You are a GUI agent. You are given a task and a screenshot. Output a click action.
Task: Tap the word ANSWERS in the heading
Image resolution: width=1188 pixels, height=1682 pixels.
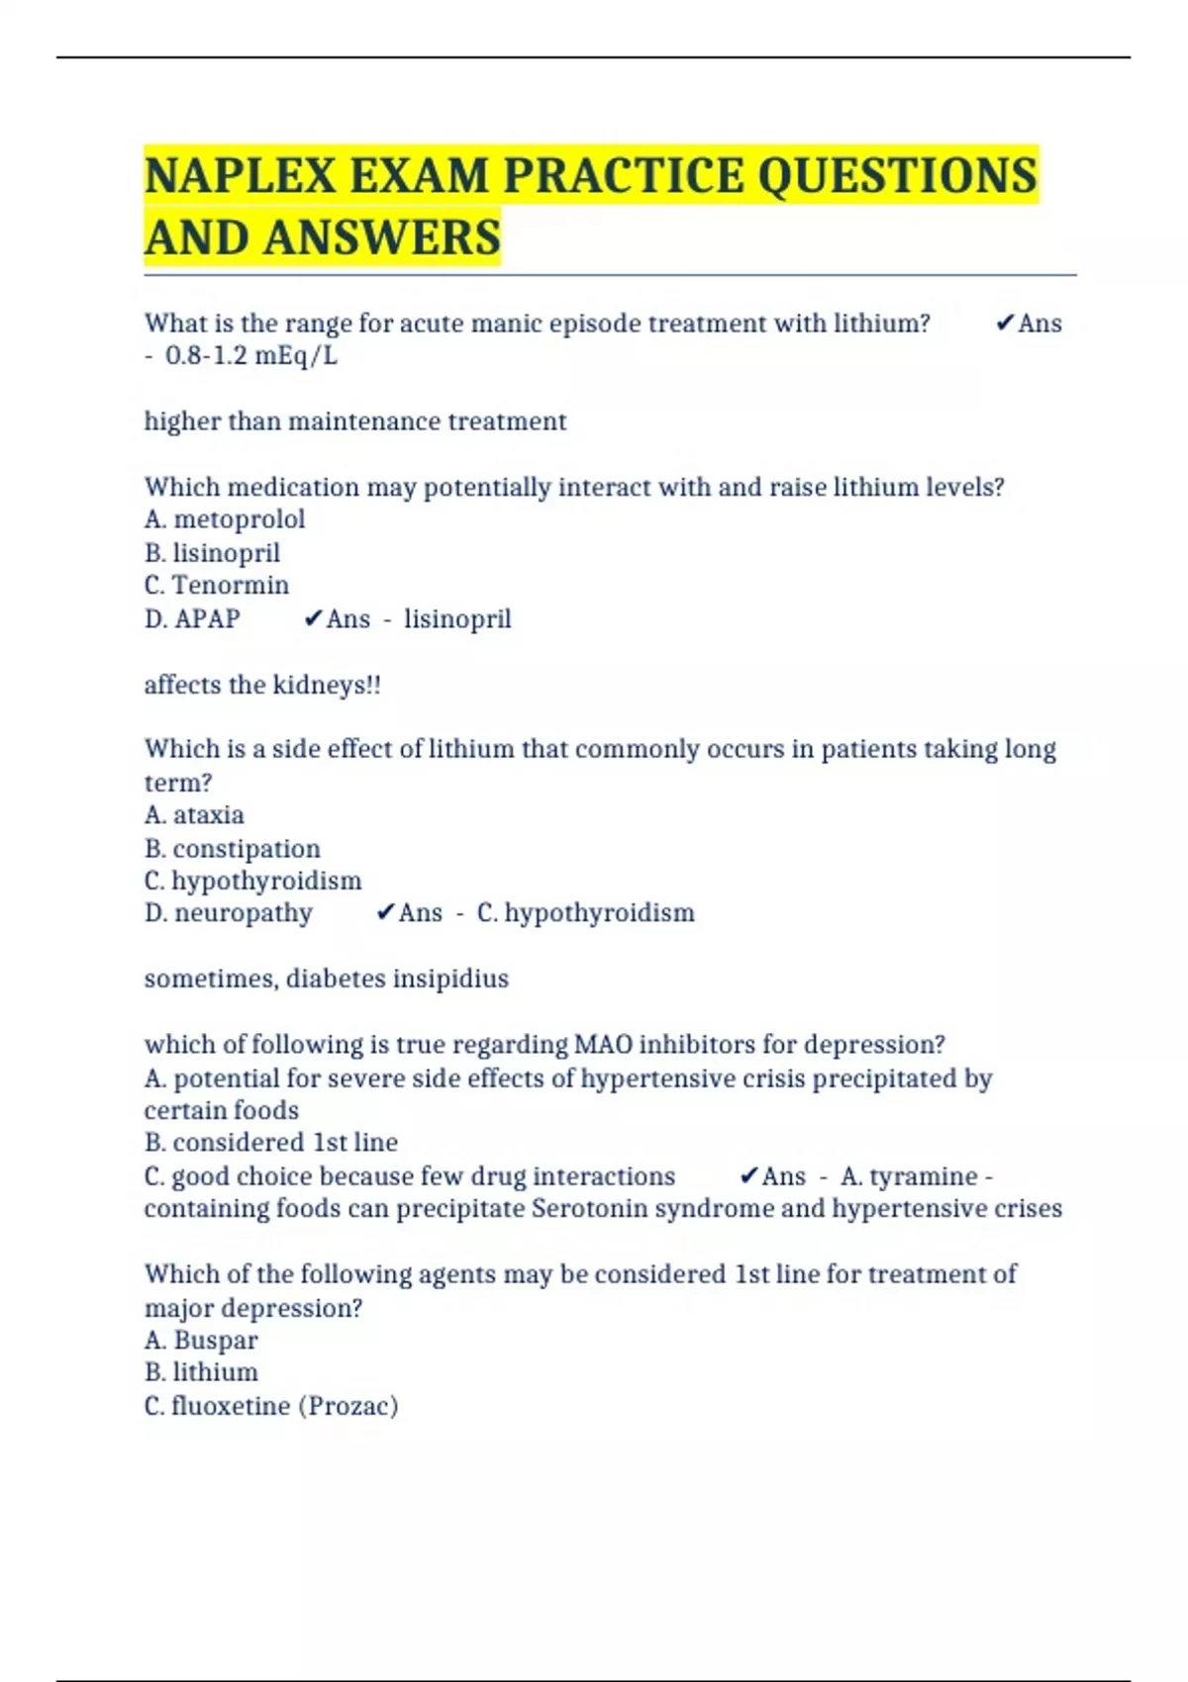(x=382, y=238)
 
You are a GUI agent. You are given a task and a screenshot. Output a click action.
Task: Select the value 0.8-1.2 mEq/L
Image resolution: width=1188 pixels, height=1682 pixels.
(x=251, y=356)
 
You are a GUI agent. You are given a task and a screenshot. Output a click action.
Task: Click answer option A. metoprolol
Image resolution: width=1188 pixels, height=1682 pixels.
(x=225, y=519)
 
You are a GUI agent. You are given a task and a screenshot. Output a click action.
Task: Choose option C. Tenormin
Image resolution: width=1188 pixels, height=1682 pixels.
(x=217, y=586)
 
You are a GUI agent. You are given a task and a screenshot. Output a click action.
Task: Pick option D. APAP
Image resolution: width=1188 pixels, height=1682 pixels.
(x=192, y=619)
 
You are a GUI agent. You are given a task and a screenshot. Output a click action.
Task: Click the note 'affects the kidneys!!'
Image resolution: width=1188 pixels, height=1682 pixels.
(x=262, y=685)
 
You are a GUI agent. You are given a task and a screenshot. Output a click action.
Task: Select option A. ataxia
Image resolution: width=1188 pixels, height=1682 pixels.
(x=194, y=815)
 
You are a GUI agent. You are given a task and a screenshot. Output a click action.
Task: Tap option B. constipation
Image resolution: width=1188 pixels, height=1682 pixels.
(x=233, y=849)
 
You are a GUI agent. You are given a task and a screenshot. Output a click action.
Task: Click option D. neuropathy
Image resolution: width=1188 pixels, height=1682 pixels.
(x=229, y=913)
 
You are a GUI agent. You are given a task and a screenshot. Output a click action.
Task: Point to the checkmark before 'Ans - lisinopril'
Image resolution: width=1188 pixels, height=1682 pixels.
(x=313, y=619)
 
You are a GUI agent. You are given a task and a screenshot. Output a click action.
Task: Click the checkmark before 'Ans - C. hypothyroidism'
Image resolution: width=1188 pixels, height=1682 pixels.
(x=386, y=913)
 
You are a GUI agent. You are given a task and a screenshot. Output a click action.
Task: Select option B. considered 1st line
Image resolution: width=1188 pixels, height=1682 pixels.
(x=271, y=1143)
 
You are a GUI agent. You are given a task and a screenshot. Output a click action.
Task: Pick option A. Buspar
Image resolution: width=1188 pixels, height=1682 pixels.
(x=201, y=1341)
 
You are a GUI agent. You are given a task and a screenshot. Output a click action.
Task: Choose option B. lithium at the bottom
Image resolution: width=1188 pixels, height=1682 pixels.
(x=201, y=1372)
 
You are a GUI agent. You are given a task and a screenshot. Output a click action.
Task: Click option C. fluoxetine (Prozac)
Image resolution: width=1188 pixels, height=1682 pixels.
(x=271, y=1406)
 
